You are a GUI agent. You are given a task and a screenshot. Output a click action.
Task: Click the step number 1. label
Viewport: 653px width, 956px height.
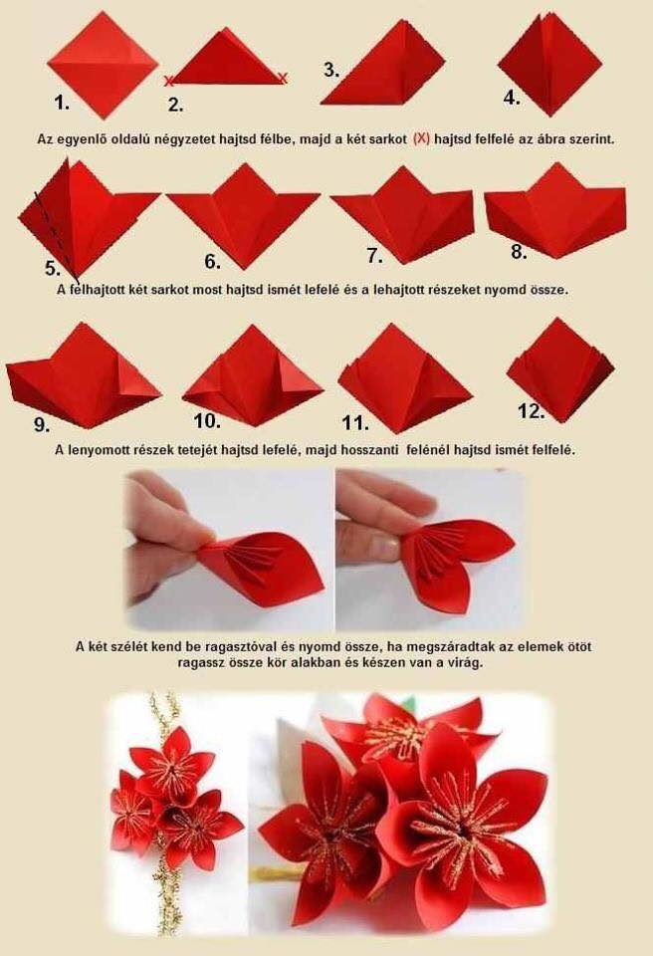[62, 103]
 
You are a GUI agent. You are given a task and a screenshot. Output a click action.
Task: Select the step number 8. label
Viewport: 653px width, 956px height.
[519, 252]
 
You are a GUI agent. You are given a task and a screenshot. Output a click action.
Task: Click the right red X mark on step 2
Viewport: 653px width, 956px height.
[283, 77]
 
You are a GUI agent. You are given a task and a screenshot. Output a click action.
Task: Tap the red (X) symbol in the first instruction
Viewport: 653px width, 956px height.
[421, 138]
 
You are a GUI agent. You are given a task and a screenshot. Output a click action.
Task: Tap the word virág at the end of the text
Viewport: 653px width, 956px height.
[468, 662]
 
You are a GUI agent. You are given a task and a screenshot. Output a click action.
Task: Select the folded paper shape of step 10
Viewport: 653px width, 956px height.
[252, 375]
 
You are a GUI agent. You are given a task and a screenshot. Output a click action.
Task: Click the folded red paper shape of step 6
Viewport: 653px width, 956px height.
[243, 216]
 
